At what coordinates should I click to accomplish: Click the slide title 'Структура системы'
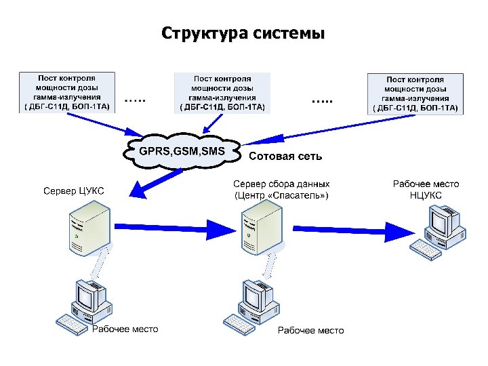point(243,33)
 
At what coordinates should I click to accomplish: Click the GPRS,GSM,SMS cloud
point(182,150)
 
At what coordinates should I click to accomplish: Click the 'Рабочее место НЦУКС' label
point(426,190)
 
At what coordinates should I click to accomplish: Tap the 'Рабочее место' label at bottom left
point(125,329)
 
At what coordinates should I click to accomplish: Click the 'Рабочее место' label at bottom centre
point(310,330)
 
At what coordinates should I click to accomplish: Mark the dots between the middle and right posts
point(322,100)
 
